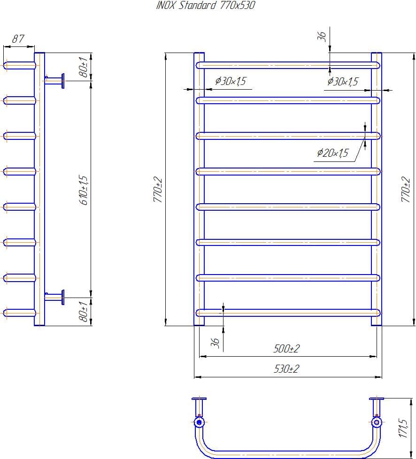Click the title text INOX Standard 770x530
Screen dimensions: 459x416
pyautogui.click(x=205, y=6)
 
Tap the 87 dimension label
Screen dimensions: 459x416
pyautogui.click(x=18, y=39)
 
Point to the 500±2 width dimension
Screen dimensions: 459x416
pyautogui.click(x=286, y=349)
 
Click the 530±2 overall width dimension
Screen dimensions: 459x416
pyautogui.click(x=286, y=369)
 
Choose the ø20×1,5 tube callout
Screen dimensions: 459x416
pyautogui.click(x=333, y=153)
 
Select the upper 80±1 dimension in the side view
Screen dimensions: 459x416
pyautogui.click(x=83, y=67)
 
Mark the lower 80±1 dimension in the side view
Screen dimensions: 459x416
pyautogui.click(x=83, y=312)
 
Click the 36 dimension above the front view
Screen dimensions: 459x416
pyautogui.click(x=322, y=37)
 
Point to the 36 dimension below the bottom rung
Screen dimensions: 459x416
pyautogui.click(x=216, y=343)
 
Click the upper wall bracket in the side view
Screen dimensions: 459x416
pyautogui.click(x=55, y=80)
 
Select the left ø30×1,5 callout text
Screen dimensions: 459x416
pyautogui.click(x=230, y=82)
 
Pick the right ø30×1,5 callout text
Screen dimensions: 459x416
pyautogui.click(x=343, y=82)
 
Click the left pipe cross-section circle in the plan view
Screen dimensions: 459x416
pyautogui.click(x=199, y=422)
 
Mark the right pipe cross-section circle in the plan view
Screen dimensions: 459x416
pyautogui.click(x=377, y=422)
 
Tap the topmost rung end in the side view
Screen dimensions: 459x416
pyautogui.click(x=19, y=65)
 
